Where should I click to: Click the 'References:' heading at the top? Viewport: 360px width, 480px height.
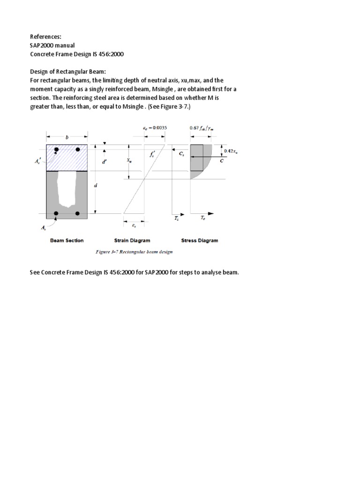(46, 36)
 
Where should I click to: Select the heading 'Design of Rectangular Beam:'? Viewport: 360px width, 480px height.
(68, 71)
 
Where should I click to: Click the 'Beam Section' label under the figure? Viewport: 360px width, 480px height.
(67, 240)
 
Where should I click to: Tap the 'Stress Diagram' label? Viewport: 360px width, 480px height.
(200, 240)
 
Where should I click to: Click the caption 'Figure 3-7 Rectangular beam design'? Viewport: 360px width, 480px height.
(134, 252)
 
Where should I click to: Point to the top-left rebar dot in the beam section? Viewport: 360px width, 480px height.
(56, 150)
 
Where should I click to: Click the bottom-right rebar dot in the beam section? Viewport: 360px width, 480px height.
(78, 214)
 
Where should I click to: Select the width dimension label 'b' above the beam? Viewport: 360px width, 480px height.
(67, 137)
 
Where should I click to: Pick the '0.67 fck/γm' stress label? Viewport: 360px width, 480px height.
(206, 128)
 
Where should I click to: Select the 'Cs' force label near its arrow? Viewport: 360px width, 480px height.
(181, 153)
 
